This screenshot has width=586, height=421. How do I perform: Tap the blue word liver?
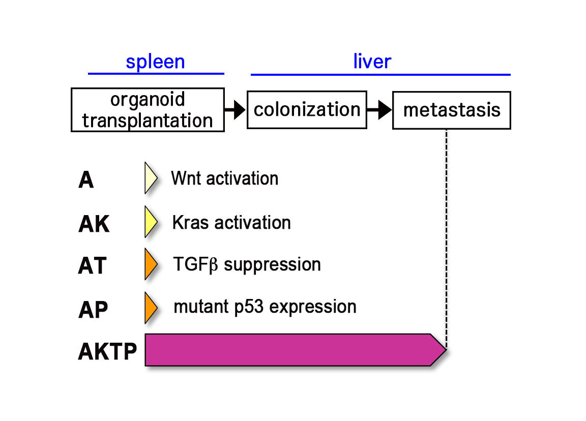point(372,61)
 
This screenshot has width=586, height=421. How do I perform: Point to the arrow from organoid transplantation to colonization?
point(235,110)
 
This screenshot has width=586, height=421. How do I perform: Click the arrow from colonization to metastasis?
point(379,110)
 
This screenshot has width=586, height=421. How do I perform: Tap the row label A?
point(86,180)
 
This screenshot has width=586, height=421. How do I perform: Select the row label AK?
point(94,224)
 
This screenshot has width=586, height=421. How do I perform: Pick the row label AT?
point(92,265)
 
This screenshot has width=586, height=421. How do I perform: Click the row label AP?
point(93,310)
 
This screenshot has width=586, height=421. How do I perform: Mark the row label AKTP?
point(107,351)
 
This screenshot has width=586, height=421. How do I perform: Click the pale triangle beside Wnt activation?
point(150,178)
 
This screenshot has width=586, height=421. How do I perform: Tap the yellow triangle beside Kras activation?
point(150,222)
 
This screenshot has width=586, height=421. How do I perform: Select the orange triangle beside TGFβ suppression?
point(150,264)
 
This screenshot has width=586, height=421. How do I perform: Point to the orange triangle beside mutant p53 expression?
point(150,308)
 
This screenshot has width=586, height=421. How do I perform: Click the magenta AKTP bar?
point(295,350)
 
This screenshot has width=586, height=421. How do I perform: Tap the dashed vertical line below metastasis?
point(447,239)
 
